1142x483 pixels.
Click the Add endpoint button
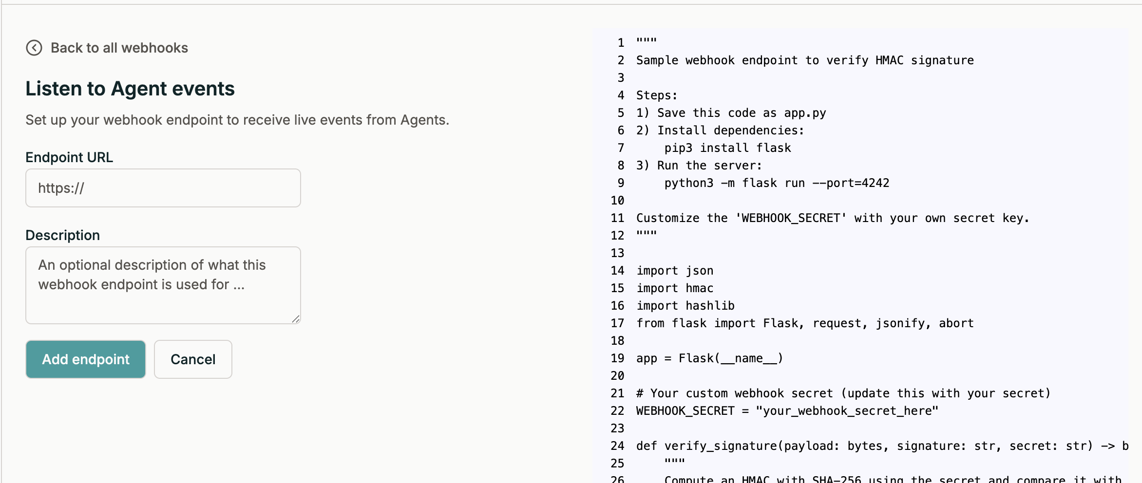(86, 359)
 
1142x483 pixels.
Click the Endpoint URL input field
(163, 188)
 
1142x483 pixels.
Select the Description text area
(163, 285)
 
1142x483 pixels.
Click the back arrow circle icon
(34, 48)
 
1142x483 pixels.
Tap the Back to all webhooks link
(119, 48)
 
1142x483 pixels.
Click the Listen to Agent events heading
(130, 89)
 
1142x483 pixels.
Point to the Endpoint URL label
(69, 157)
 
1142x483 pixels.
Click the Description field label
(62, 235)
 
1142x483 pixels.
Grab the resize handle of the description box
(296, 319)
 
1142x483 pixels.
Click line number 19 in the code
(617, 358)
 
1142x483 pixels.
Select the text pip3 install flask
(727, 148)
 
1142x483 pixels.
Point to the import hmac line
(675, 288)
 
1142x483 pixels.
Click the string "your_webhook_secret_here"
(847, 411)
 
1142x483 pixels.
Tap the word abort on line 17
(956, 323)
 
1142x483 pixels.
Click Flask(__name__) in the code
(730, 358)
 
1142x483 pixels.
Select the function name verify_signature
(721, 446)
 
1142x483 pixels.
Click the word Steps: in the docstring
(657, 95)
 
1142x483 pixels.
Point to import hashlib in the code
(685, 306)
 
